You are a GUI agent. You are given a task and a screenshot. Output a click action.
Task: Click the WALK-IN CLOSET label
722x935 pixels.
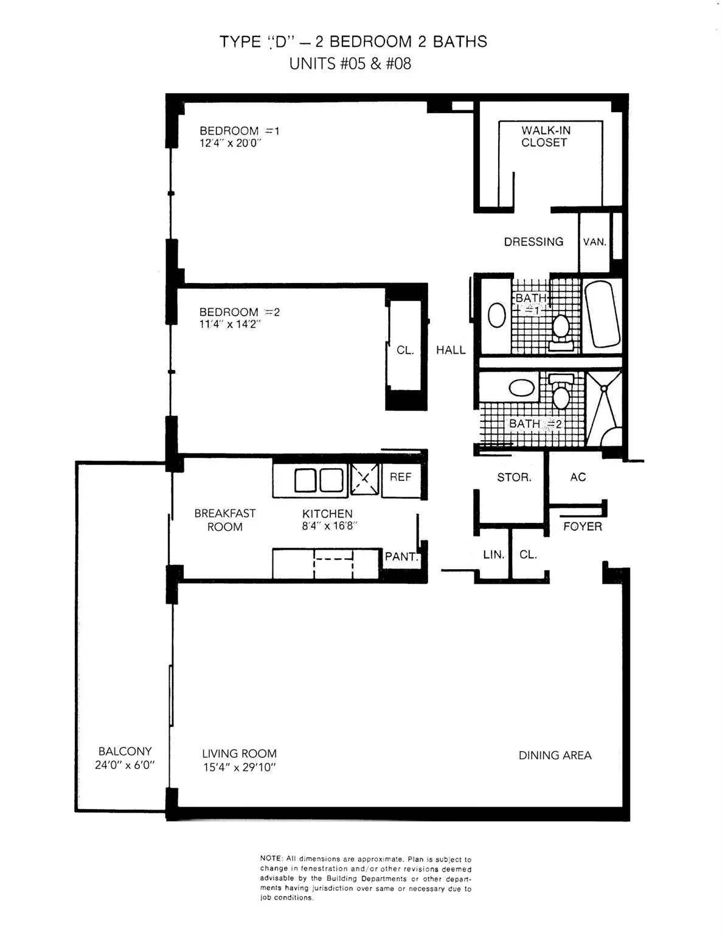pyautogui.click(x=546, y=136)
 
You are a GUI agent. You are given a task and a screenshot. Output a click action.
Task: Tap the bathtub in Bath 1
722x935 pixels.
pyautogui.click(x=602, y=314)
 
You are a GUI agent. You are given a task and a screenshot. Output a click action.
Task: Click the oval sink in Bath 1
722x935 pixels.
pyautogui.click(x=496, y=315)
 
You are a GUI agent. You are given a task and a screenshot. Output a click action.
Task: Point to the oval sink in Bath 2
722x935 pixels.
pyautogui.click(x=521, y=387)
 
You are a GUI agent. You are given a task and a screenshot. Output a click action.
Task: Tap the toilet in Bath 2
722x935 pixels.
pyautogui.click(x=561, y=391)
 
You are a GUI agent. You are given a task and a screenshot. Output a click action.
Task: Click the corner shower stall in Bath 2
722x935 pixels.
pyautogui.click(x=604, y=409)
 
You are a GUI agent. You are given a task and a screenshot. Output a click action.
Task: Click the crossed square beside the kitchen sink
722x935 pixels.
pyautogui.click(x=364, y=479)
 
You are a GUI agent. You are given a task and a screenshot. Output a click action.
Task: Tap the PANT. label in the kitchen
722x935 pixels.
pyautogui.click(x=401, y=556)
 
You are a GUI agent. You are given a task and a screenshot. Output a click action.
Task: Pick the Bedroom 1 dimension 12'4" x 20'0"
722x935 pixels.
pyautogui.click(x=231, y=143)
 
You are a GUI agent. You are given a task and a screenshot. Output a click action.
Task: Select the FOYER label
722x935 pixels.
pyautogui.click(x=583, y=526)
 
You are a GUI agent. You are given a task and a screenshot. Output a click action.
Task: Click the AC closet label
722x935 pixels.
pyautogui.click(x=578, y=477)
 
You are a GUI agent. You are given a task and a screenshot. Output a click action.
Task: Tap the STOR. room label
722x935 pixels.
pyautogui.click(x=514, y=477)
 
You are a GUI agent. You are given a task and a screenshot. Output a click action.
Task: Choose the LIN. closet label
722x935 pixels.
pyautogui.click(x=493, y=555)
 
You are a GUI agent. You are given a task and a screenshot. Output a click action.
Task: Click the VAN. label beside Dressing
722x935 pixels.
pyautogui.click(x=594, y=242)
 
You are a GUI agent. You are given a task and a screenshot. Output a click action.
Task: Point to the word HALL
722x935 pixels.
pyautogui.click(x=451, y=350)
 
